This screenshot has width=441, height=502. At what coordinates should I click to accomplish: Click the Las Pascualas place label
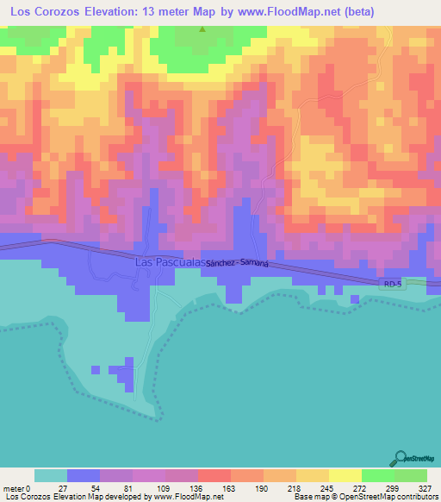[x=169, y=260]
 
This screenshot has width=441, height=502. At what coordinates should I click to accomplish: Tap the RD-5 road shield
[x=391, y=282]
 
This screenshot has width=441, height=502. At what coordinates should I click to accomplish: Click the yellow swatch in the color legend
[x=345, y=475]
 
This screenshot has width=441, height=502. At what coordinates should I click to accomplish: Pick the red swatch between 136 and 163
[x=214, y=475]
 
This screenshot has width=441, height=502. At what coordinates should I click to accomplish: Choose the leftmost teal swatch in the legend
[x=50, y=475]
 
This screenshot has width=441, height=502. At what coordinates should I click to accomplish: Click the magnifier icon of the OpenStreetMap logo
[x=400, y=458]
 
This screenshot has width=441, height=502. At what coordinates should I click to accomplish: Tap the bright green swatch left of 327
[x=410, y=475]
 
